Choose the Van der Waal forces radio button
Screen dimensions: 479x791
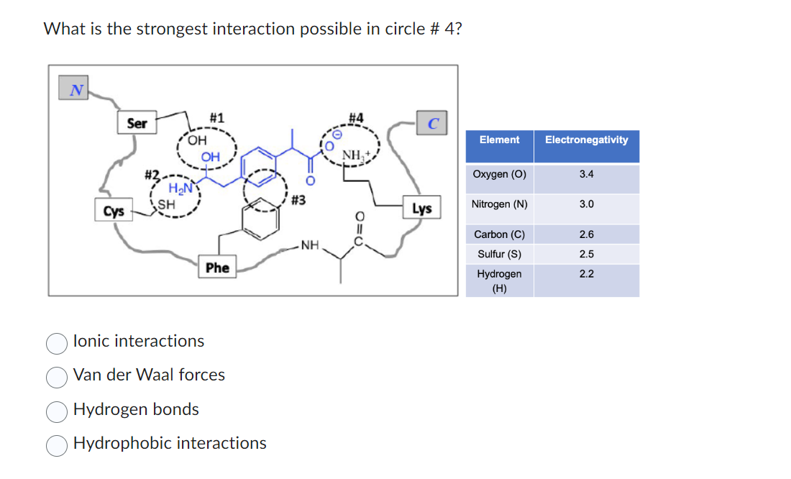pyautogui.click(x=58, y=377)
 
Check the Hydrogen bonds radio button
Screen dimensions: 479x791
pyautogui.click(x=58, y=411)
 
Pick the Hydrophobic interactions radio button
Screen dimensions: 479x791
pyautogui.click(x=58, y=445)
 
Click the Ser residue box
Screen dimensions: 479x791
pyautogui.click(x=137, y=124)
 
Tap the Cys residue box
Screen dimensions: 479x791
pyautogui.click(x=113, y=211)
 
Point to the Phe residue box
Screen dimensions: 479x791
pyautogui.click(x=217, y=268)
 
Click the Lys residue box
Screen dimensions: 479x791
pyautogui.click(x=421, y=209)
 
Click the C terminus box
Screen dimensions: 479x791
pyautogui.click(x=433, y=123)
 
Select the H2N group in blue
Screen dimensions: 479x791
pyautogui.click(x=178, y=188)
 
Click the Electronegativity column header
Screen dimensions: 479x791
pyautogui.click(x=586, y=140)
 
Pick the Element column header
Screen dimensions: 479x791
pyautogui.click(x=499, y=140)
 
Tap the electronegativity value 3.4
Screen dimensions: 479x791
pyautogui.click(x=586, y=174)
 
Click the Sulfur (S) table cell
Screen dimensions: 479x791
pyautogui.click(x=499, y=254)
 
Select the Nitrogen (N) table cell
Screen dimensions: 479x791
pyautogui.click(x=499, y=204)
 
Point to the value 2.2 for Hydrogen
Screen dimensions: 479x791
pyautogui.click(x=586, y=274)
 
